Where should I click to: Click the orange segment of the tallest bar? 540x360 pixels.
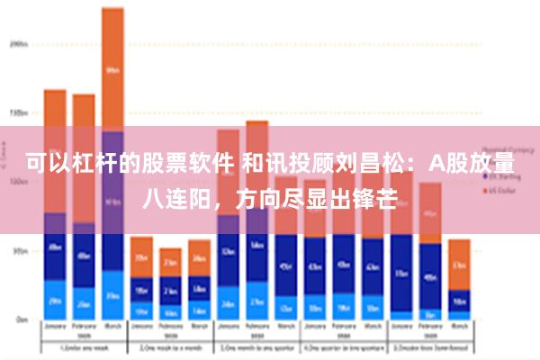coord(112,68)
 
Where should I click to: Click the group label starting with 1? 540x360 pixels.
coord(83,346)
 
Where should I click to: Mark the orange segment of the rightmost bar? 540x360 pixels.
coord(459,264)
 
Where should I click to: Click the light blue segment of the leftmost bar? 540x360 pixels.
coord(55,300)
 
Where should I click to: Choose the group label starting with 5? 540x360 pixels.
coord(428,346)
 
